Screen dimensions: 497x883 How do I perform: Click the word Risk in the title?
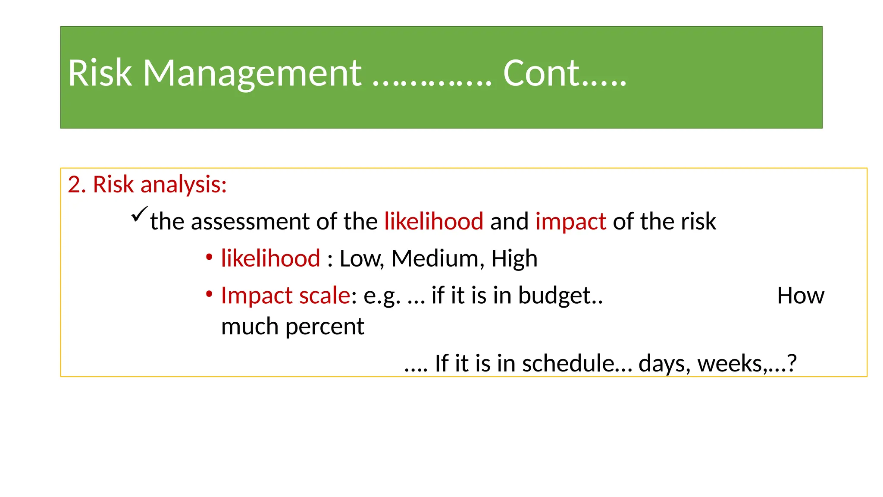coord(100,73)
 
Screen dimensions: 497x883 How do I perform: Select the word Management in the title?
coord(252,73)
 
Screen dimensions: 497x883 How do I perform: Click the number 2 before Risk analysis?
coord(74,185)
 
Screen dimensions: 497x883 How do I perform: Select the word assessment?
coord(250,222)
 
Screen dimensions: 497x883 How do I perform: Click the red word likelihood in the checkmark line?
coord(434,222)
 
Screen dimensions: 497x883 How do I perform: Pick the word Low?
coord(360,259)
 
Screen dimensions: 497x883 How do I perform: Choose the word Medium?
coord(435,259)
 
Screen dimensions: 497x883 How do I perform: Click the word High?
coord(514,259)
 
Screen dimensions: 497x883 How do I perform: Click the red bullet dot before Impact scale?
coord(209,295)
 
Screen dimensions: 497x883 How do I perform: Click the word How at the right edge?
coord(800,296)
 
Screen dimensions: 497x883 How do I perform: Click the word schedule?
coord(568,363)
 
